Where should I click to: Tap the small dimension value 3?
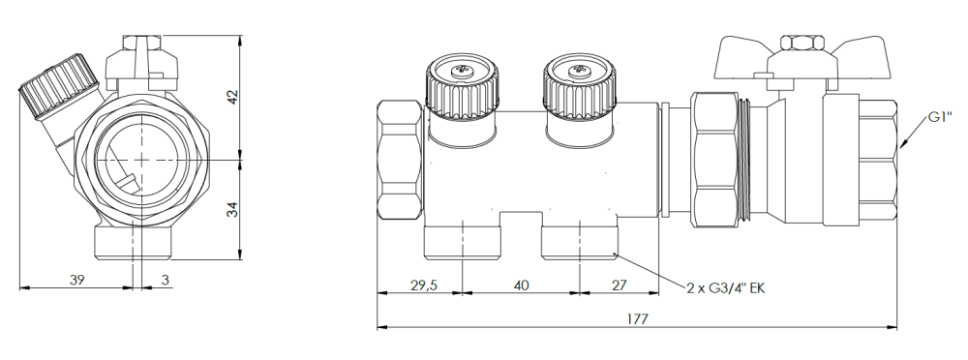(x=166, y=280)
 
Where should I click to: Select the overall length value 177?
(x=636, y=318)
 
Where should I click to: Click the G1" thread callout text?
(x=937, y=117)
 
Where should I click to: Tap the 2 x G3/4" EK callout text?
(x=725, y=287)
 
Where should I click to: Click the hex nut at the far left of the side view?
(x=398, y=160)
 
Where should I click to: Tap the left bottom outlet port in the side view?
(x=464, y=240)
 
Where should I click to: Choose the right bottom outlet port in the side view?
(x=580, y=240)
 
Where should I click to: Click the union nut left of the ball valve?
(x=714, y=160)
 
